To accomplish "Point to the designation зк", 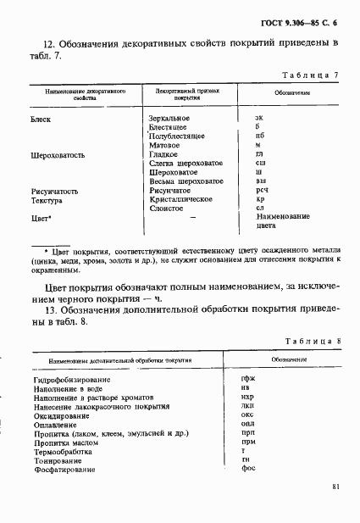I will point(258,117).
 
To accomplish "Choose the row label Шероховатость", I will point(57,154).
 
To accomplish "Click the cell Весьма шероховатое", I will point(186,181).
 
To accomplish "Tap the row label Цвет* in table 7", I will point(42,219).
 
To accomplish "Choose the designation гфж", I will point(248,379).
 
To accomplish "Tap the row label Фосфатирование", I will point(64,469).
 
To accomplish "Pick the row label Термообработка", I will point(64,451).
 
